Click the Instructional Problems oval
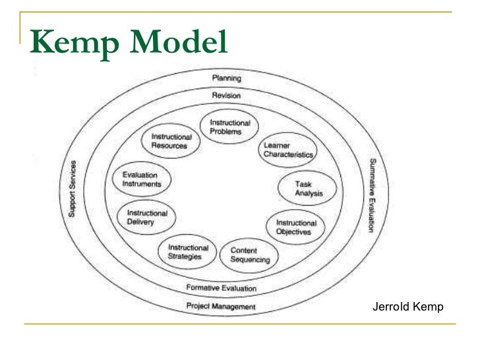click(229, 127)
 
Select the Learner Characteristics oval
click(288, 150)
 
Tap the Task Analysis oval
click(307, 188)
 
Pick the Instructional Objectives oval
click(295, 227)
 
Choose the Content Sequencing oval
click(250, 255)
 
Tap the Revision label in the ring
click(226, 96)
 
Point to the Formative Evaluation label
click(221, 288)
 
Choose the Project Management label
click(221, 307)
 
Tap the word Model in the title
click(178, 42)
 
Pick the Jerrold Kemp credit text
click(408, 307)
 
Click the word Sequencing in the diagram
click(250, 259)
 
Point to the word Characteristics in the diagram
click(288, 154)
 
